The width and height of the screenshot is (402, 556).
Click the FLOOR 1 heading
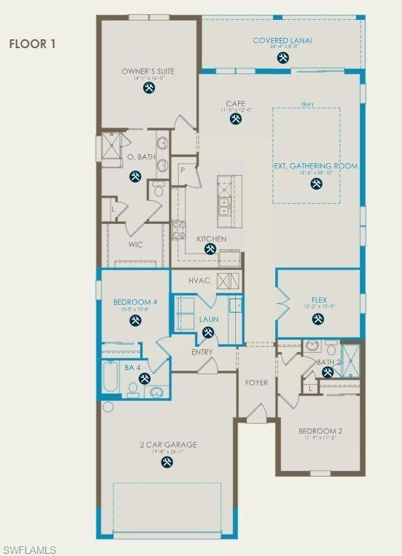(33, 44)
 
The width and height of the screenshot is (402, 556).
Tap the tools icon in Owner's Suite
(148, 87)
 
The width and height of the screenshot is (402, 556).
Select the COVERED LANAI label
(282, 41)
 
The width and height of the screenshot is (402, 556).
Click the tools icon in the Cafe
(236, 118)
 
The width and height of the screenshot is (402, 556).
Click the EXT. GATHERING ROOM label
(316, 166)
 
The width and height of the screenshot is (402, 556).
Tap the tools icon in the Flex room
(318, 320)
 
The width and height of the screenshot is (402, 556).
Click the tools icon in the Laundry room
(208, 332)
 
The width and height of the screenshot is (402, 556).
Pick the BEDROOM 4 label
(135, 302)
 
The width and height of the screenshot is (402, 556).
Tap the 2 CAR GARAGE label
(168, 445)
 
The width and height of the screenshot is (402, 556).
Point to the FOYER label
(257, 382)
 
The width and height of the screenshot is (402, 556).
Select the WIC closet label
(135, 245)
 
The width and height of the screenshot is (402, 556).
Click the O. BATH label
(141, 157)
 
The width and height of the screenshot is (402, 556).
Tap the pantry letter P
(182, 170)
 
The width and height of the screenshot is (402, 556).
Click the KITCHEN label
(211, 239)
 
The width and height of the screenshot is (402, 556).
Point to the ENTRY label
(202, 352)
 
